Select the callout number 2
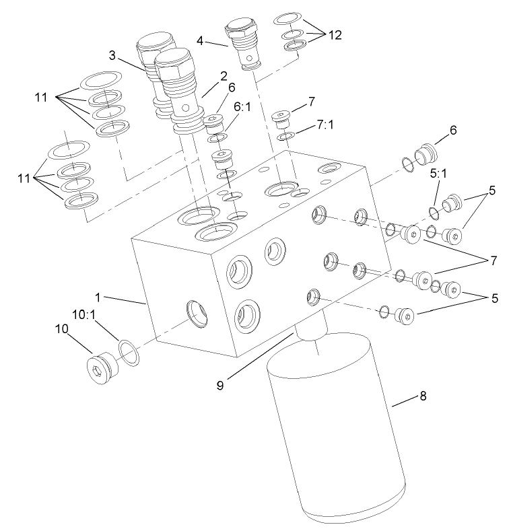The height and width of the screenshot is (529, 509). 224,76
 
